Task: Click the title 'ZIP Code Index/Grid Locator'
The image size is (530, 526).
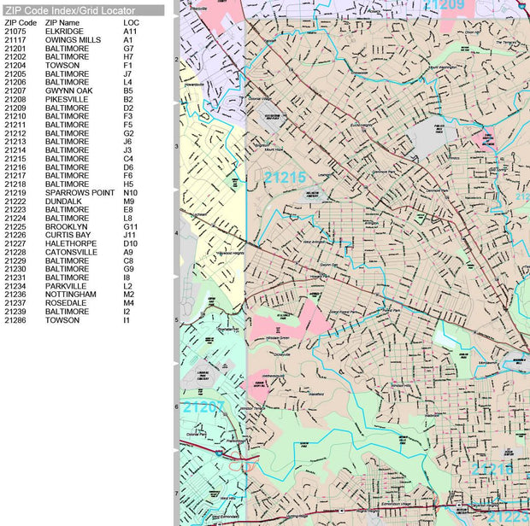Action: click(x=69, y=10)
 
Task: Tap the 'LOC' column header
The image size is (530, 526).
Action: click(x=131, y=22)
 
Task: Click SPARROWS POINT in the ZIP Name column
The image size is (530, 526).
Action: click(x=79, y=192)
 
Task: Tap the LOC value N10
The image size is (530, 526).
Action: click(x=129, y=192)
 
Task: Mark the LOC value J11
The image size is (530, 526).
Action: click(x=129, y=235)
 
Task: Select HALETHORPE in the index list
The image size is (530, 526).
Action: click(x=70, y=243)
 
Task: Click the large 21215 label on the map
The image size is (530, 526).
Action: click(x=285, y=178)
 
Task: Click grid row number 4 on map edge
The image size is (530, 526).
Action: click(x=176, y=233)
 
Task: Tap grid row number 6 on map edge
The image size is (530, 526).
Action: click(x=176, y=406)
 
